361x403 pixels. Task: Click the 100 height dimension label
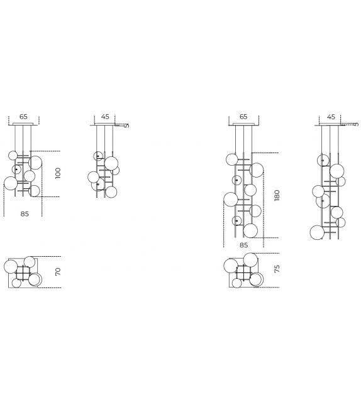point(58,173)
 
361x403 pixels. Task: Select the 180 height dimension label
point(277,195)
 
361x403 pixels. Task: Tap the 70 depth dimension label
point(58,272)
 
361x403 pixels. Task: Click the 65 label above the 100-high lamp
point(23,117)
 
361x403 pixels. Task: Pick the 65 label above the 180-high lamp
point(243,117)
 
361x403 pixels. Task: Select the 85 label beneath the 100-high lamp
point(24,213)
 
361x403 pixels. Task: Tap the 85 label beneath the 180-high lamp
point(243,245)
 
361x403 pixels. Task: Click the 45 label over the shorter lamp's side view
point(105,117)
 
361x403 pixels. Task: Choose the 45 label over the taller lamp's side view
point(331,117)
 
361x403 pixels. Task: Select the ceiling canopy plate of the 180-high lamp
point(243,125)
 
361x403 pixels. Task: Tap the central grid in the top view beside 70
point(23,272)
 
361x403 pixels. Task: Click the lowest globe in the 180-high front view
point(250,230)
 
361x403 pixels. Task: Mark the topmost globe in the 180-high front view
point(231,159)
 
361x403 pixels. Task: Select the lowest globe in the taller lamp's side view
point(318,232)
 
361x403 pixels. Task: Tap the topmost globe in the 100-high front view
point(13,155)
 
